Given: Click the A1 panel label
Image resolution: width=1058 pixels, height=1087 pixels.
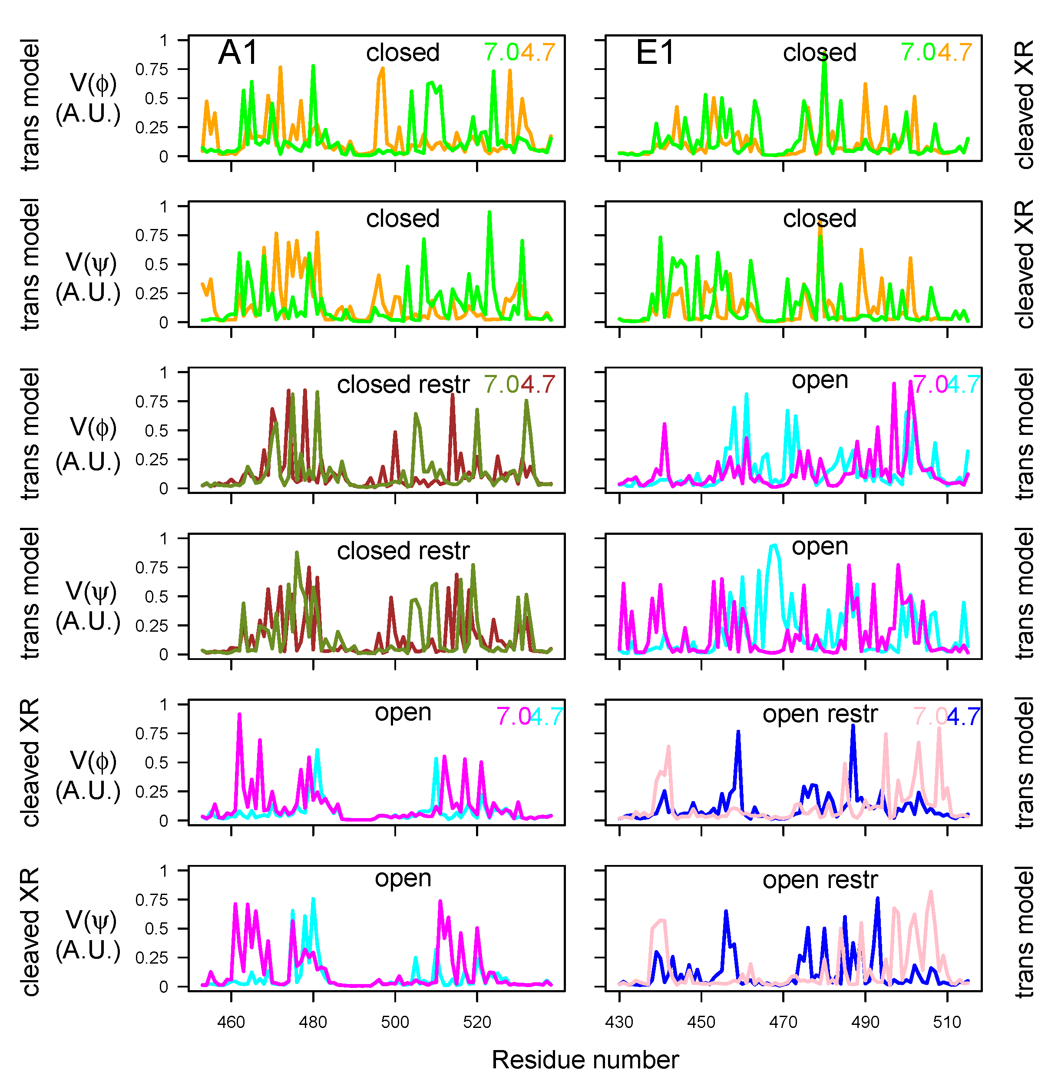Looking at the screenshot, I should pos(238,53).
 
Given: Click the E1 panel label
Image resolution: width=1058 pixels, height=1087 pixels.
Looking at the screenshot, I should pos(655,53).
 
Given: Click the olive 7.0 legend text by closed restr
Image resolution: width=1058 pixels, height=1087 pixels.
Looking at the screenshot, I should pos(501,384).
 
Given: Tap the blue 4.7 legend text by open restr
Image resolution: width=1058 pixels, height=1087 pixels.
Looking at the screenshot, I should pos(963,717).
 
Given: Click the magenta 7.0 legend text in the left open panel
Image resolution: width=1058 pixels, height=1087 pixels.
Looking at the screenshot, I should pos(514,717).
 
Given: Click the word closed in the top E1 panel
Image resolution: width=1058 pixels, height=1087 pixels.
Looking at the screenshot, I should pos(819,53).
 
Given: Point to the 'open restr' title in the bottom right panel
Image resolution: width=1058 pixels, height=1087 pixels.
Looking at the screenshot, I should pos(820,880).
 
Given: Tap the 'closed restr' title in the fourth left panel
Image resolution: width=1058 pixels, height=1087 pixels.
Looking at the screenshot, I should pos(403,551).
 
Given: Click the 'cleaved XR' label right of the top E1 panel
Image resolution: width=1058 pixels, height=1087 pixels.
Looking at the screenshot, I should pos(1024,104).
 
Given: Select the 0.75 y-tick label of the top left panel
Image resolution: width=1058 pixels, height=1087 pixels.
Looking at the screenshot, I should pos(151,70).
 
